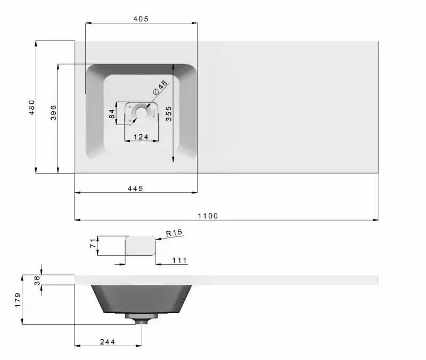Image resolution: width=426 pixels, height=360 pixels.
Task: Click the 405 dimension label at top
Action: click(x=141, y=19)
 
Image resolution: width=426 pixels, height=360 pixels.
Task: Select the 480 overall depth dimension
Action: click(x=31, y=107)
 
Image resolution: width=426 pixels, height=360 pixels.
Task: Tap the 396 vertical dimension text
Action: click(x=53, y=112)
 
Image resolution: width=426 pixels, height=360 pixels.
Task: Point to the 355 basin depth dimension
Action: click(x=168, y=114)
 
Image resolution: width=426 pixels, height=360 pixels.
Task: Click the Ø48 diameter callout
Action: click(x=160, y=87)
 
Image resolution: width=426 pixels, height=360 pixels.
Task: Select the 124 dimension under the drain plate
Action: click(x=141, y=137)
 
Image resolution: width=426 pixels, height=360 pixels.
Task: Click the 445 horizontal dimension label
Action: click(x=135, y=189)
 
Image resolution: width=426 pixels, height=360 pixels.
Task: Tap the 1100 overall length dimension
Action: click(x=208, y=216)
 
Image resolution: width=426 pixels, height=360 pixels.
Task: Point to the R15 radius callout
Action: click(x=174, y=233)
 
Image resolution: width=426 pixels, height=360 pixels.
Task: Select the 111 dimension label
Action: click(x=179, y=260)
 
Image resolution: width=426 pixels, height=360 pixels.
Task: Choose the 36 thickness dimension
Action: click(x=37, y=280)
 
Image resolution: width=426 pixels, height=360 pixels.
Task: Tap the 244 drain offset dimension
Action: click(x=107, y=341)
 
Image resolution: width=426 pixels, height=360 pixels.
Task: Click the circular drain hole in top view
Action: click(x=142, y=112)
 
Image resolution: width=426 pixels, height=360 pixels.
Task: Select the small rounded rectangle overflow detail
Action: click(x=140, y=246)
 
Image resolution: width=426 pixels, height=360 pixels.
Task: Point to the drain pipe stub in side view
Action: click(x=142, y=319)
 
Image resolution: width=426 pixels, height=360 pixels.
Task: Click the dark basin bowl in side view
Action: click(x=142, y=298)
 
